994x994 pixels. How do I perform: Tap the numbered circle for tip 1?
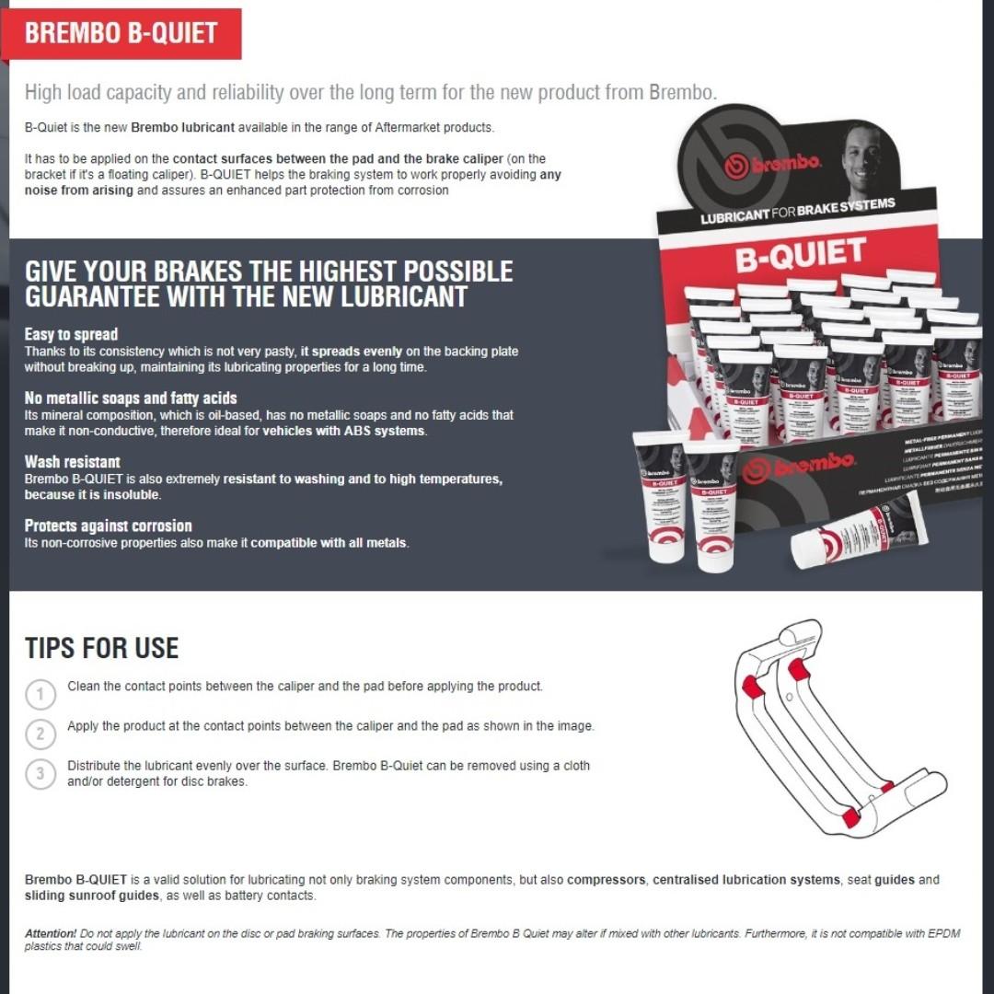(x=40, y=693)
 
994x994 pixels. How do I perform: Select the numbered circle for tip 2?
(x=40, y=734)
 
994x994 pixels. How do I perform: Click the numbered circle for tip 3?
(x=40, y=773)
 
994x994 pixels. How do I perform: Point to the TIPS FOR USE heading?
(x=101, y=648)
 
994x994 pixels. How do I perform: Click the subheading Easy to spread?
(x=71, y=334)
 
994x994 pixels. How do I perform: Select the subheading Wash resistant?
(x=72, y=462)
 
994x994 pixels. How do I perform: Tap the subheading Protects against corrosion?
(x=108, y=526)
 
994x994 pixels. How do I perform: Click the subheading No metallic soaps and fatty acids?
(x=130, y=399)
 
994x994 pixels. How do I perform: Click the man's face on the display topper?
(x=863, y=155)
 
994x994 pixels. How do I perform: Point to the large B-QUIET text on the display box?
(x=800, y=255)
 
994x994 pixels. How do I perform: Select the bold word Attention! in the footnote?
(x=51, y=933)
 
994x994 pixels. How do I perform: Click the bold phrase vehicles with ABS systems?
(x=344, y=432)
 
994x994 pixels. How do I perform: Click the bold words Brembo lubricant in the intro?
(x=182, y=127)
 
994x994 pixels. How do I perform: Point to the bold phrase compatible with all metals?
(x=328, y=543)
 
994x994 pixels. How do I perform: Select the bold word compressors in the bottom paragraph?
(x=606, y=880)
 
